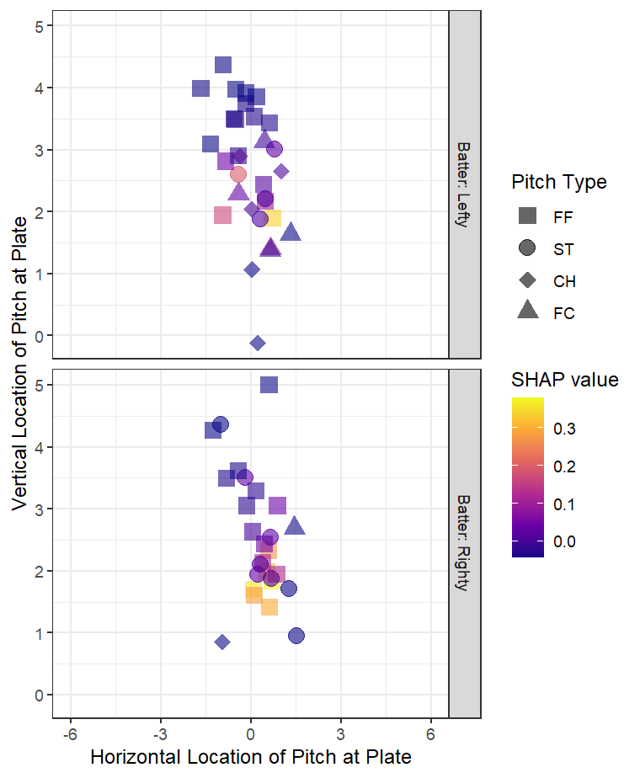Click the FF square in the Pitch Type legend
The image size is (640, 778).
tap(528, 216)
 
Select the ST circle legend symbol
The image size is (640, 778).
tap(528, 248)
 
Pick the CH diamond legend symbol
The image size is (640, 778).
tap(528, 280)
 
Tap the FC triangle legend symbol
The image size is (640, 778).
tap(528, 312)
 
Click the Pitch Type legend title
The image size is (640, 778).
tap(558, 182)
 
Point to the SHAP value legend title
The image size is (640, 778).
tap(565, 380)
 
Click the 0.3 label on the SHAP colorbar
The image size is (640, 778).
tap(564, 429)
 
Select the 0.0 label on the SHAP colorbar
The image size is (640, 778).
tap(564, 541)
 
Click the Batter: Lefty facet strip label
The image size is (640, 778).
tap(464, 184)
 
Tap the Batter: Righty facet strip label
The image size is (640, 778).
tap(464, 542)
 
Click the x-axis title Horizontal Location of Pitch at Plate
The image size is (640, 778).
tap(250, 757)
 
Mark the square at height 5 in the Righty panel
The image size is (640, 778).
tap(269, 385)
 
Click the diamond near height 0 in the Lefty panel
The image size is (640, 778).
tap(258, 343)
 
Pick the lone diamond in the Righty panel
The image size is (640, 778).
tap(222, 642)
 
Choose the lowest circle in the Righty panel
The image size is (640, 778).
tap(296, 636)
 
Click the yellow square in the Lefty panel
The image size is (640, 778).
tap(272, 218)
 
